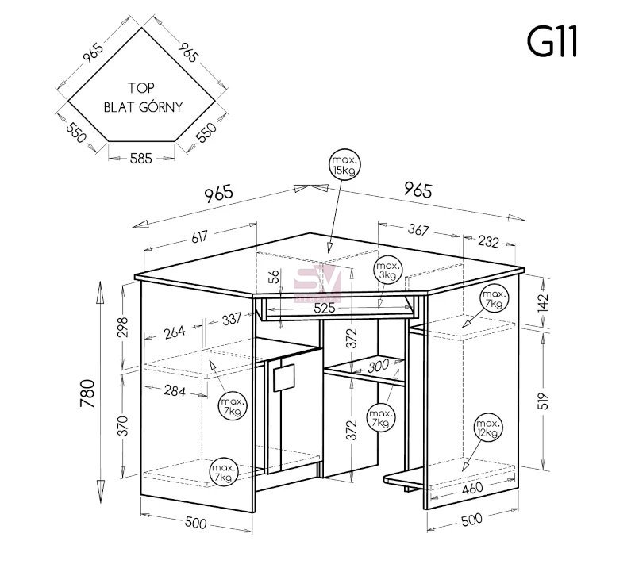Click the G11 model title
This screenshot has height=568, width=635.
[x=552, y=41]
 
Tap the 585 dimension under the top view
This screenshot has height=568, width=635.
[x=141, y=159]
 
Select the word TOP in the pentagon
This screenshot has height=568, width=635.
[x=141, y=87]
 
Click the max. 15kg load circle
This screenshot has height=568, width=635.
[x=344, y=164]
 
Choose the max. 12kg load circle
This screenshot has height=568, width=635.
[x=488, y=428]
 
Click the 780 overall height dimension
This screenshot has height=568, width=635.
[x=87, y=393]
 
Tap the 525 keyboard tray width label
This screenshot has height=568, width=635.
[x=325, y=308]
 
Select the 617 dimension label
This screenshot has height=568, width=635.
[x=199, y=236]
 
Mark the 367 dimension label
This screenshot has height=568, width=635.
[x=418, y=230]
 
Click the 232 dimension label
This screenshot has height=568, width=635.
[x=488, y=242]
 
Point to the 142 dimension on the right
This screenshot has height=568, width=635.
[x=543, y=302]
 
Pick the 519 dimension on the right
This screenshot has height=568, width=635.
[x=544, y=401]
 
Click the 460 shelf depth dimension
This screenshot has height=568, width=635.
[x=472, y=488]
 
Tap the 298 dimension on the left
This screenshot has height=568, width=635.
[x=123, y=327]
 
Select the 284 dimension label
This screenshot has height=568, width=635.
[x=175, y=391]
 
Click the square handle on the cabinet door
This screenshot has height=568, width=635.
[x=284, y=378]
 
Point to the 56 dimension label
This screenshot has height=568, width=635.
[x=274, y=277]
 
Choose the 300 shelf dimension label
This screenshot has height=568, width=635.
[x=379, y=367]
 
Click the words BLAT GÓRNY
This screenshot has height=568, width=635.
[x=143, y=107]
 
